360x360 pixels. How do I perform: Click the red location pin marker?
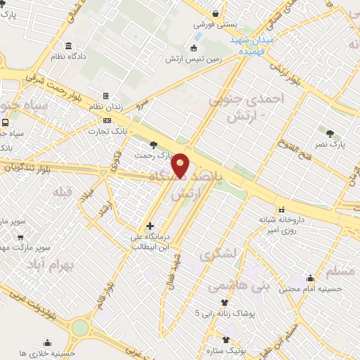(x=181, y=165)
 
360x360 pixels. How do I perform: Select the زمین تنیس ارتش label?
(x=193, y=59)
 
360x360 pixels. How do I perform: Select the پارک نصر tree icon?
(x=328, y=133)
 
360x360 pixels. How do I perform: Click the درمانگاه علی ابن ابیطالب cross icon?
(x=148, y=226)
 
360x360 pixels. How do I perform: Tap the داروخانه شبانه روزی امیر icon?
(x=281, y=209)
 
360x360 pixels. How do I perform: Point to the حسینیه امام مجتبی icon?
(x=310, y=279)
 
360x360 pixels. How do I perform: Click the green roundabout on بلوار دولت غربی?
(x=80, y=328)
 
